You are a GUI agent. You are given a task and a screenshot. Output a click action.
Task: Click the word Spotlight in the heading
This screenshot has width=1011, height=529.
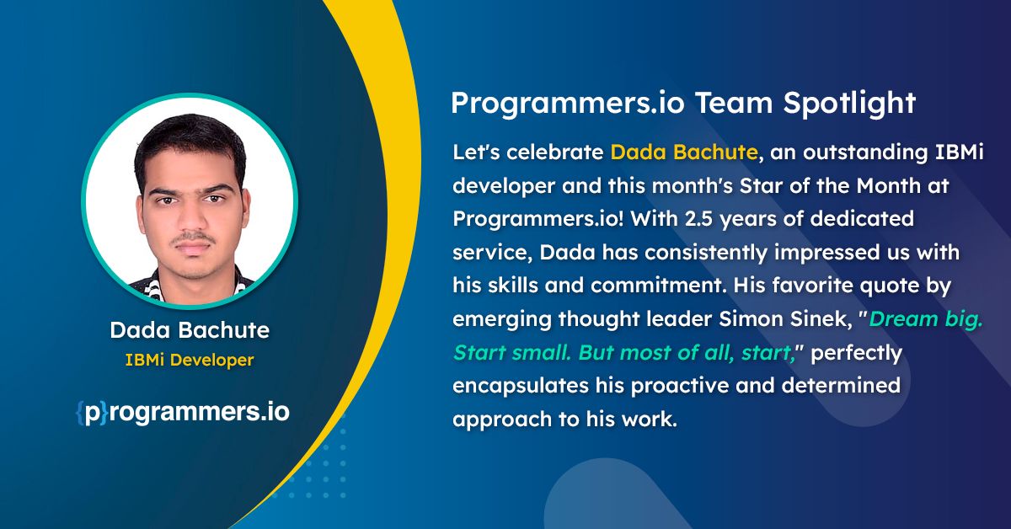pyautogui.click(x=849, y=104)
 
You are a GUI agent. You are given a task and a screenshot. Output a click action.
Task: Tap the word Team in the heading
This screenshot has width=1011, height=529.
pyautogui.click(x=734, y=103)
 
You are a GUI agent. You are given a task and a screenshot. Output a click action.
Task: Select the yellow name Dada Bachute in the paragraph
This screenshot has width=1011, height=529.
pyautogui.click(x=684, y=152)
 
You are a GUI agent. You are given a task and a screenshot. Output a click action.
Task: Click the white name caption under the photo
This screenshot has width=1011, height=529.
pyautogui.click(x=190, y=330)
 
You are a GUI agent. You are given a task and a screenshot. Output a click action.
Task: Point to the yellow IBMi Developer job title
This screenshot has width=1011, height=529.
pyautogui.click(x=190, y=361)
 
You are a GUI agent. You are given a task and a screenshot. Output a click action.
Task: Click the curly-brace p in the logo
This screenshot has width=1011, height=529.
pyautogui.click(x=93, y=413)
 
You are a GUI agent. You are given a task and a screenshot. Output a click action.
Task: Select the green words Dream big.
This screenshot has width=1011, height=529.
pyautogui.click(x=926, y=319)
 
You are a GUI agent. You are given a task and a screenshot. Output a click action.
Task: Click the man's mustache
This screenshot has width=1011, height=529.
pyautogui.click(x=193, y=237)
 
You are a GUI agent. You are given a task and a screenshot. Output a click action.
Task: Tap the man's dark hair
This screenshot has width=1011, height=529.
pyautogui.click(x=190, y=140)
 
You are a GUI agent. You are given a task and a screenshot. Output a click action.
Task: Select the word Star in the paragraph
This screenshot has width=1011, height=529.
pyautogui.click(x=760, y=185)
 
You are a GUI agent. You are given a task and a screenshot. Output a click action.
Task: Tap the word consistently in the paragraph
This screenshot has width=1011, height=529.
pyautogui.click(x=705, y=253)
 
